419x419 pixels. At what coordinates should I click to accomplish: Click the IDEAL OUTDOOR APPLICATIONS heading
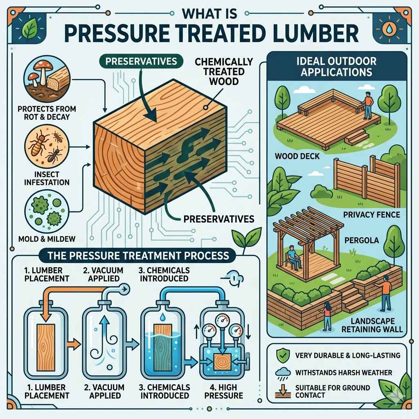(338, 66)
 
